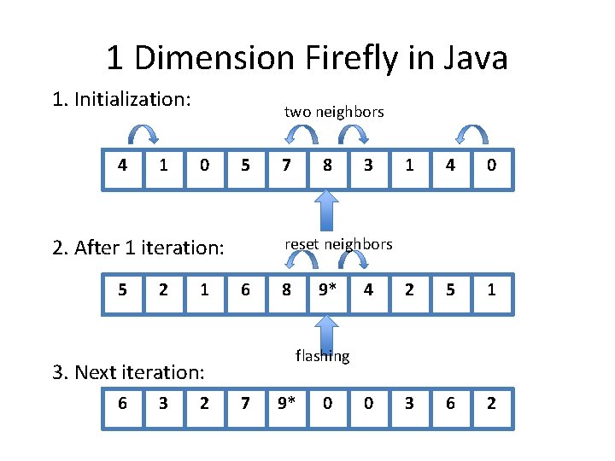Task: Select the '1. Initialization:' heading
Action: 120,99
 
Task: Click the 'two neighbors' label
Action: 334,112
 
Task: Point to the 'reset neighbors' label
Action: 338,244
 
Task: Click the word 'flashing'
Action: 323,355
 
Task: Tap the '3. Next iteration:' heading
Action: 128,372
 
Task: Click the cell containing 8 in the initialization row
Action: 327,165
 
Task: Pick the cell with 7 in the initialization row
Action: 286,165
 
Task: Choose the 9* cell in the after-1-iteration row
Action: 327,290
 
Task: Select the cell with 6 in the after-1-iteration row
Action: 245,290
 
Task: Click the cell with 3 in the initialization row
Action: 368,165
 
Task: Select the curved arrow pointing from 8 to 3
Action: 352,134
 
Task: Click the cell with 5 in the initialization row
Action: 245,165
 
